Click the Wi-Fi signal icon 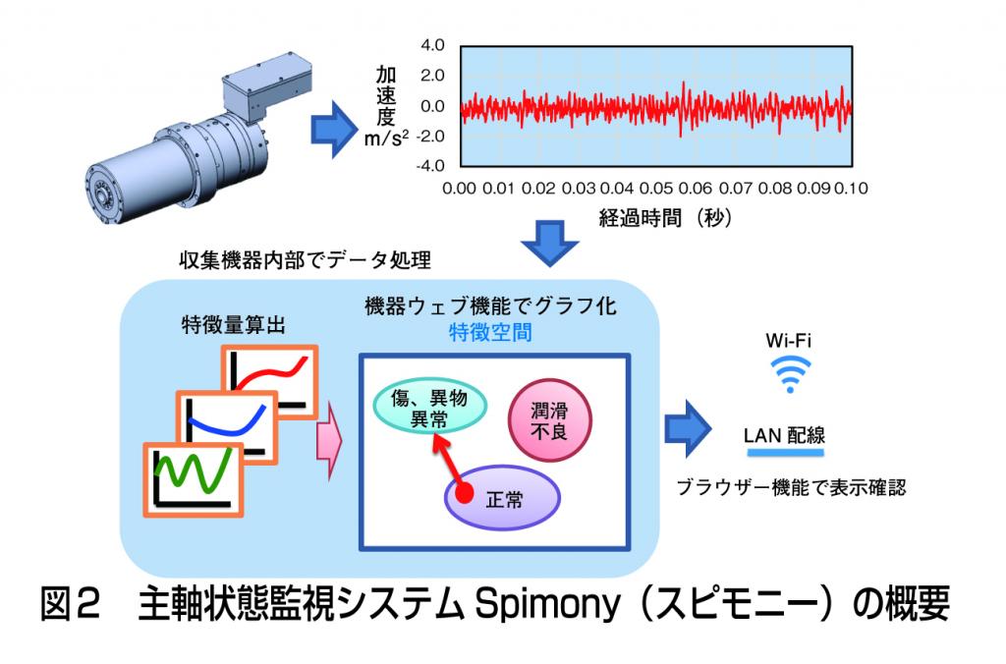point(790,374)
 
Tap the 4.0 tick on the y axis point(432,45)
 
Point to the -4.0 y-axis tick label point(430,166)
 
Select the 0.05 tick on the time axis point(656,189)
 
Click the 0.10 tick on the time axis point(852,189)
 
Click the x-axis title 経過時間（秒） point(665,218)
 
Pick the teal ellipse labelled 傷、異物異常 point(430,406)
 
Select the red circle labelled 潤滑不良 point(550,420)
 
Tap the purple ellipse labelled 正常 point(502,498)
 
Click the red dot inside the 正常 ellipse point(464,493)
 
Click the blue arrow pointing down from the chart point(550,244)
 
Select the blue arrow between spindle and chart point(334,129)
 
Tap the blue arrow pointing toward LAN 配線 point(688,428)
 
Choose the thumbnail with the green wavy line point(194,480)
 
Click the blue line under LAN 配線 point(785,452)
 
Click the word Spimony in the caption point(548,605)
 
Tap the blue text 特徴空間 point(490,333)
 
